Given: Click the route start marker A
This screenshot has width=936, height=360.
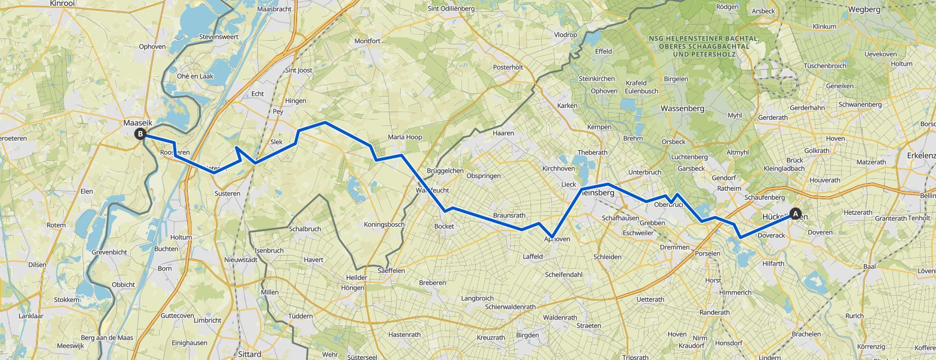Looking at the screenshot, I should (796, 213).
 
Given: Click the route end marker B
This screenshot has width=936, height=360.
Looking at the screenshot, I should (140, 134).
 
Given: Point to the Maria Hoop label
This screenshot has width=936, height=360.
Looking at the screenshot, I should (405, 137).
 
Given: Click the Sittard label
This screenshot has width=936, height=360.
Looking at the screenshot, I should (250, 354).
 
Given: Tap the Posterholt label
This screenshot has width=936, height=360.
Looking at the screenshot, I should (508, 67).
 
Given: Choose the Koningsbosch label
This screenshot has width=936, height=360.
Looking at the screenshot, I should (385, 224).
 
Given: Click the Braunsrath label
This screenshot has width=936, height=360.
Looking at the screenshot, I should (509, 215).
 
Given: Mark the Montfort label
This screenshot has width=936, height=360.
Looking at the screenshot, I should (367, 41).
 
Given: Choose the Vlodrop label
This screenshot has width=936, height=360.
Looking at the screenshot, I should (565, 35).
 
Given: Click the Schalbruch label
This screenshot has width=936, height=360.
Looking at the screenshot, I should (305, 229).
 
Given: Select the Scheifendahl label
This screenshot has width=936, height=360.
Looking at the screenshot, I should (563, 275).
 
